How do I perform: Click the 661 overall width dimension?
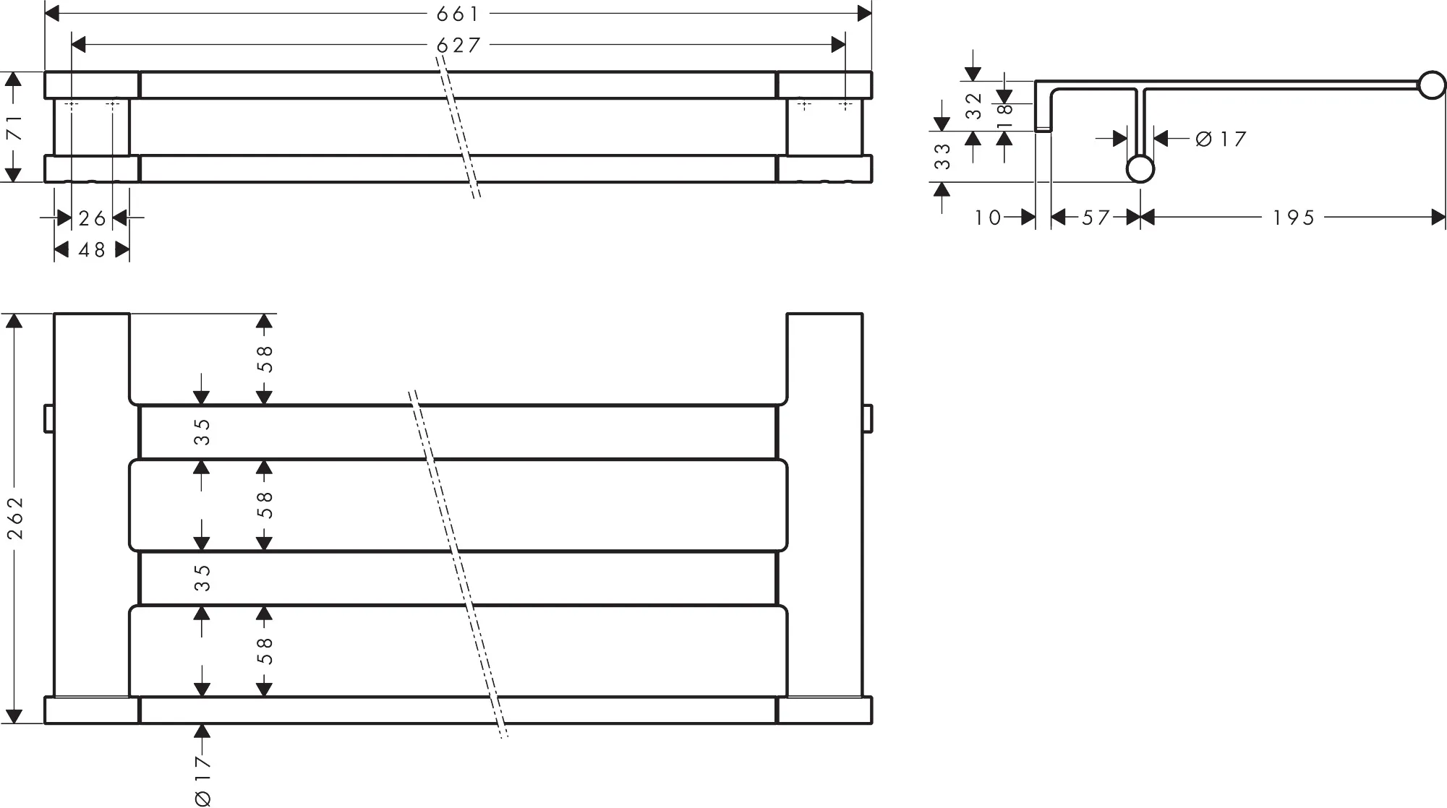pos(458,13)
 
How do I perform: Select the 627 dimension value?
pos(458,45)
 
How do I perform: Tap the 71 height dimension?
pos(14,127)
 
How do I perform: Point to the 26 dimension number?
pos(92,218)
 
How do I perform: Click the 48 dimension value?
pos(92,249)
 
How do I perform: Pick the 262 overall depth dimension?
pos(15,517)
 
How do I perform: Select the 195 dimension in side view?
pos(1294,217)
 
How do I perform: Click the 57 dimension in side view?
pos(1096,217)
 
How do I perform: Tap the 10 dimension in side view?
pos(988,217)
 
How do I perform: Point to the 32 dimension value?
pos(974,106)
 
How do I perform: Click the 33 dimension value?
pos(942,156)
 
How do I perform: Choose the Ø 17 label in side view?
pos(1221,138)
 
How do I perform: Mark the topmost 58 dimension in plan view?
pos(265,358)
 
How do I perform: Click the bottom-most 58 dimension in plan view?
pos(265,650)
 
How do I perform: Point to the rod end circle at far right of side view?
pos(1432,85)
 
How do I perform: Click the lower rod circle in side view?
pos(1140,169)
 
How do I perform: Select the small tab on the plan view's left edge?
pos(49,419)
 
